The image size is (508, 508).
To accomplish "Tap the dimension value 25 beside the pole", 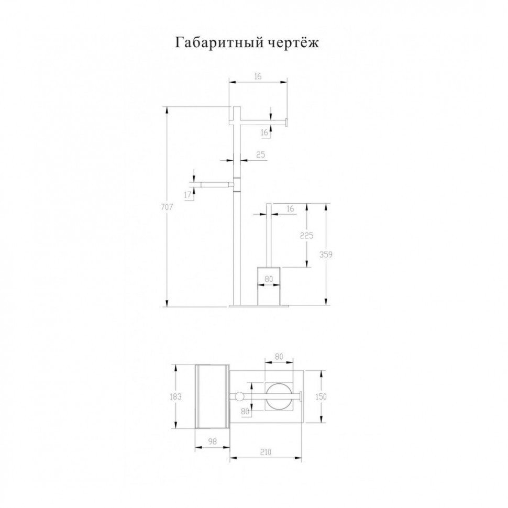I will (260, 155).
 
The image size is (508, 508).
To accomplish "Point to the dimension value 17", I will (187, 195).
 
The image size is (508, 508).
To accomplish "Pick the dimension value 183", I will (176, 396).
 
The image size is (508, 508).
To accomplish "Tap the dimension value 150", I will (321, 396).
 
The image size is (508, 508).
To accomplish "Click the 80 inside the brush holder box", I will (269, 279).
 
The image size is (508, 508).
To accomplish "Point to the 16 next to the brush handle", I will (290, 209).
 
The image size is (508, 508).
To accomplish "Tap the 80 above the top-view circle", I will (278, 357).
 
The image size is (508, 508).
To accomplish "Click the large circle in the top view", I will (278, 397).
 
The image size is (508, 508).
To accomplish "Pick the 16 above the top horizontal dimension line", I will (258, 76).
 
